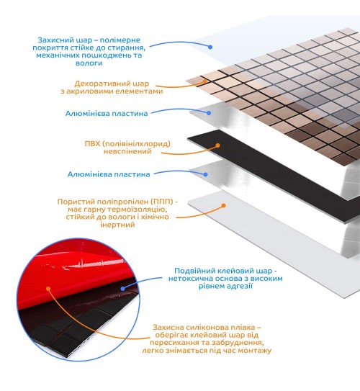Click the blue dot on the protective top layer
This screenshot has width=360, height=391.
[x=210, y=47]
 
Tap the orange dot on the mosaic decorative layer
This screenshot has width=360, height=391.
[x=204, y=81]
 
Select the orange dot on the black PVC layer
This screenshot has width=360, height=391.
[x=217, y=145]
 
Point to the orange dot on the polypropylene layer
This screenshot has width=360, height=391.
[x=224, y=205]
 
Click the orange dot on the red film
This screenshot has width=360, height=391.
[x=48, y=289]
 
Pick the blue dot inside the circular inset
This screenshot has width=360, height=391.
[x=122, y=289]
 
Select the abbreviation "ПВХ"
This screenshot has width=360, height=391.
[x=92, y=144]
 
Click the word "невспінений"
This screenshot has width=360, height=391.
[x=127, y=151]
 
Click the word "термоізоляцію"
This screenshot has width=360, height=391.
[x=135, y=210]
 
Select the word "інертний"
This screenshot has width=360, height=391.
[x=117, y=225]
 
